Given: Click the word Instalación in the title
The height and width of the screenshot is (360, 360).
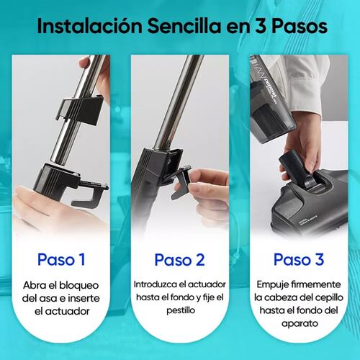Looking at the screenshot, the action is [x=90, y=26].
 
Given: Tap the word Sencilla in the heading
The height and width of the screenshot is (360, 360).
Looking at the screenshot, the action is [x=184, y=26].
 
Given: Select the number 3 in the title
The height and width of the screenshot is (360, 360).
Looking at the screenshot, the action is [x=260, y=26].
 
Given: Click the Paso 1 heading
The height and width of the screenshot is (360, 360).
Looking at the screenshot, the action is [x=61, y=259].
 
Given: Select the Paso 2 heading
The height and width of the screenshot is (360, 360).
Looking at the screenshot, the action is [x=179, y=259].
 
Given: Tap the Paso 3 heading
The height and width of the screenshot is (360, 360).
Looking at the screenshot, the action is [x=299, y=259].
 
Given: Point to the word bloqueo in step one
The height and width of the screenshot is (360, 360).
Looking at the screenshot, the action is [x=78, y=285].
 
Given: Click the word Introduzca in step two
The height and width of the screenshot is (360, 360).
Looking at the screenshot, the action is [x=154, y=284].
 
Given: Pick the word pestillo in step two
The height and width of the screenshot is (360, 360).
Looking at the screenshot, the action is [x=181, y=310].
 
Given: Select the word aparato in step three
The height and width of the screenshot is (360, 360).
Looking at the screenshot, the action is [x=300, y=323].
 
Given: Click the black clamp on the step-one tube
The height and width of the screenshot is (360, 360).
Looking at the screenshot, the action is [x=80, y=109].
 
